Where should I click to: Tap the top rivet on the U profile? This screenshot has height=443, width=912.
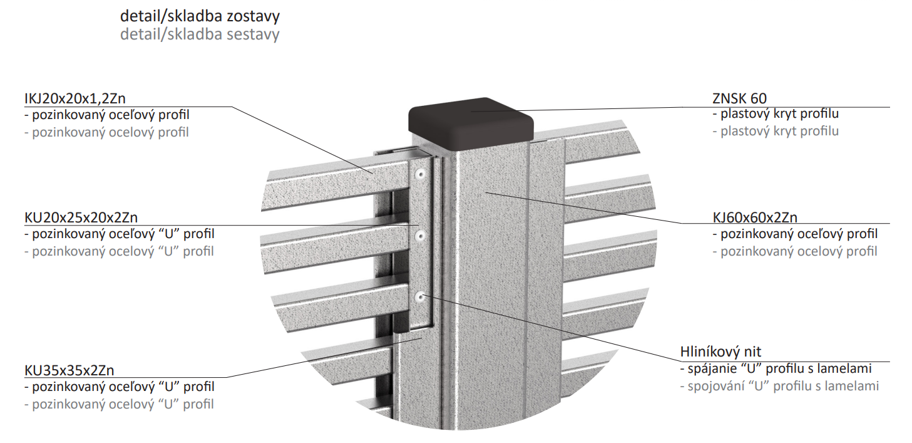click(420, 174)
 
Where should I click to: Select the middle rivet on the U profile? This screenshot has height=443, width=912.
click(420, 236)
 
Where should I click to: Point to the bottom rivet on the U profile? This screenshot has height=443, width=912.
click(420, 298)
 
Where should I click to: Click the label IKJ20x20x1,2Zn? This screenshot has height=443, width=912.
click(75, 98)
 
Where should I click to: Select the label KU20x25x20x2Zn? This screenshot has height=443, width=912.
click(81, 217)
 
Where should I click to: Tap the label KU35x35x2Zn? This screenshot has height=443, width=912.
click(69, 370)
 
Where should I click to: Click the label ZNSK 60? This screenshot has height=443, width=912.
click(739, 98)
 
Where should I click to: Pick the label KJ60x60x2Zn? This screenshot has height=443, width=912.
click(755, 217)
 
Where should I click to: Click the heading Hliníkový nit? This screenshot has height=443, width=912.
click(720, 352)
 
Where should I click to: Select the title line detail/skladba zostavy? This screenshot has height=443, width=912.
click(200, 16)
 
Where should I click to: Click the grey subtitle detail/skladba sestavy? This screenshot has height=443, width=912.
click(200, 34)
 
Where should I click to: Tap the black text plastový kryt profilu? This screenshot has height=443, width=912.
click(776, 113)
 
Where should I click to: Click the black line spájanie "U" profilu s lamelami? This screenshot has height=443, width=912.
click(776, 368)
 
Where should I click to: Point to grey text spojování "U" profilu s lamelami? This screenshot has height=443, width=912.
click(780, 386)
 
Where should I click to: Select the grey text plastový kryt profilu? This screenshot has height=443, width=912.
click(776, 131)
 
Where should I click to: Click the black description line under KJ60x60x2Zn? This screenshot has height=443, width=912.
click(795, 234)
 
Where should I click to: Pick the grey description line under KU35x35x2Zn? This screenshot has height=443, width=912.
click(120, 404)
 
